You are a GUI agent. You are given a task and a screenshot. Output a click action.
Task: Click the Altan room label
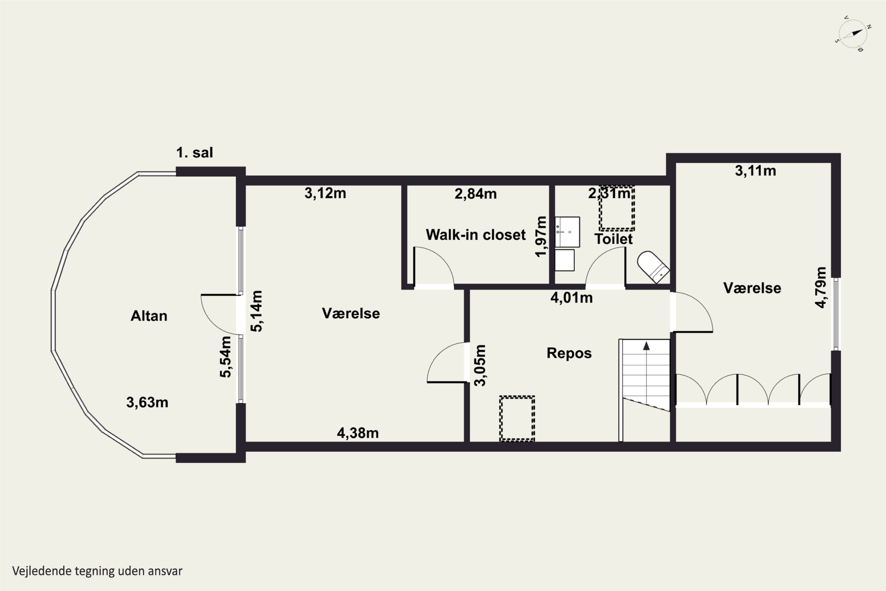tap(149, 316)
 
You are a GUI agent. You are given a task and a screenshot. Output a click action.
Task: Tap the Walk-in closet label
tap(475, 235)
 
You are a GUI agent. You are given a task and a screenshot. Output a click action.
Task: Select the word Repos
tap(569, 353)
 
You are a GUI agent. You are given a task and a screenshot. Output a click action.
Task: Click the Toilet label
tap(613, 239)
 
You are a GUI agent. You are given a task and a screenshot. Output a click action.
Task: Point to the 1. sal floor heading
tap(194, 153)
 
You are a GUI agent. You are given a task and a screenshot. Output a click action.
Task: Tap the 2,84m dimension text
tap(475, 194)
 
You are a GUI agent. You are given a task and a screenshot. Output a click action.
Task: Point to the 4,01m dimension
tap(571, 298)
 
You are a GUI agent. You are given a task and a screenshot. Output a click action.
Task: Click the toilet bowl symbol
tap(653, 267)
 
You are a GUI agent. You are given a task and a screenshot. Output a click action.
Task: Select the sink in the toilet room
tap(567, 232)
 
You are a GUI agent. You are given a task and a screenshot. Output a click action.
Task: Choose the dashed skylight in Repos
tap(517, 419)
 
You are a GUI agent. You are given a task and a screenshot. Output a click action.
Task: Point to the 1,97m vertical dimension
tap(541, 236)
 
